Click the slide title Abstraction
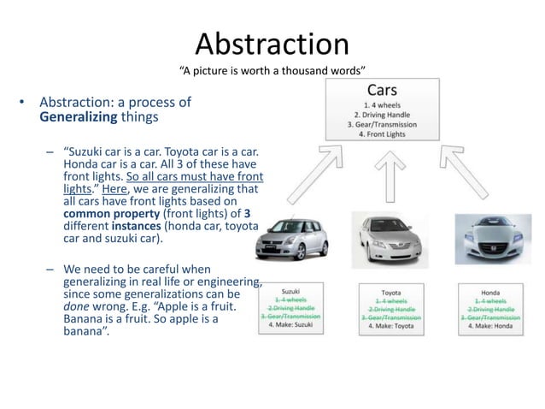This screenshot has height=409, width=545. tap(272, 44)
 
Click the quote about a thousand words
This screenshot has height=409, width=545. tap(272, 69)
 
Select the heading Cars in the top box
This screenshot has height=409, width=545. tap(381, 90)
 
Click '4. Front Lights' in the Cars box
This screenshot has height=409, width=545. tap(383, 133)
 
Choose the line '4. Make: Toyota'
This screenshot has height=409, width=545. tap(390, 326)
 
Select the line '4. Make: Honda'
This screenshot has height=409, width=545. tap(490, 326)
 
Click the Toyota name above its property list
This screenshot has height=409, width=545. tap(390, 292)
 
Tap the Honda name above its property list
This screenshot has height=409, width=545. tap(490, 292)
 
